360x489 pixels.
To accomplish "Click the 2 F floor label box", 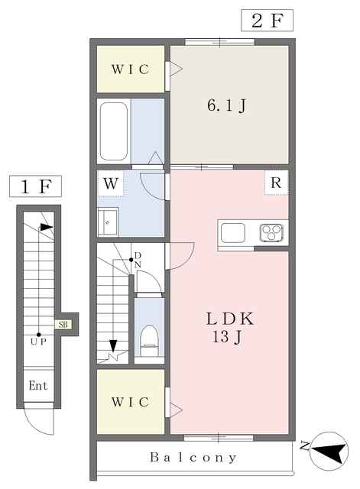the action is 267,21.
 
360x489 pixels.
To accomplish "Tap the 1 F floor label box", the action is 35,186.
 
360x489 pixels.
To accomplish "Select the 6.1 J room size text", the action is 227,105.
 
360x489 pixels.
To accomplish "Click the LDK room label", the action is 230,319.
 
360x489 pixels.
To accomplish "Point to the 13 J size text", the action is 228,337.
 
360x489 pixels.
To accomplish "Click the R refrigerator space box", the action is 276,183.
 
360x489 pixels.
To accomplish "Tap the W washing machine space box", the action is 111,183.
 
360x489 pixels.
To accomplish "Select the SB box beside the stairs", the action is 63,324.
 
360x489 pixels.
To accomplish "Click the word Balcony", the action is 193,458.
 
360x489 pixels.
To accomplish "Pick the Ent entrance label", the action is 38,385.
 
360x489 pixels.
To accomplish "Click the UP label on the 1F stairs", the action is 38,342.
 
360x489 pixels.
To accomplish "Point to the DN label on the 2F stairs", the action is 138,260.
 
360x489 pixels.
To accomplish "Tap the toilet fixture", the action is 149,341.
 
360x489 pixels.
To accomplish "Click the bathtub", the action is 114,131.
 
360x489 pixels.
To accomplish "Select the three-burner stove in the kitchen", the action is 271,232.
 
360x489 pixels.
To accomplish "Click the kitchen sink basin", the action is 232,232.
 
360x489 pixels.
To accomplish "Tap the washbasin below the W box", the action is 108,222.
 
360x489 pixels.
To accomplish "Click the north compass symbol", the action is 329,451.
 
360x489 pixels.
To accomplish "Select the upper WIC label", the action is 130,70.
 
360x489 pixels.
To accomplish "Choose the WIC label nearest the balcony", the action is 130,402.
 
